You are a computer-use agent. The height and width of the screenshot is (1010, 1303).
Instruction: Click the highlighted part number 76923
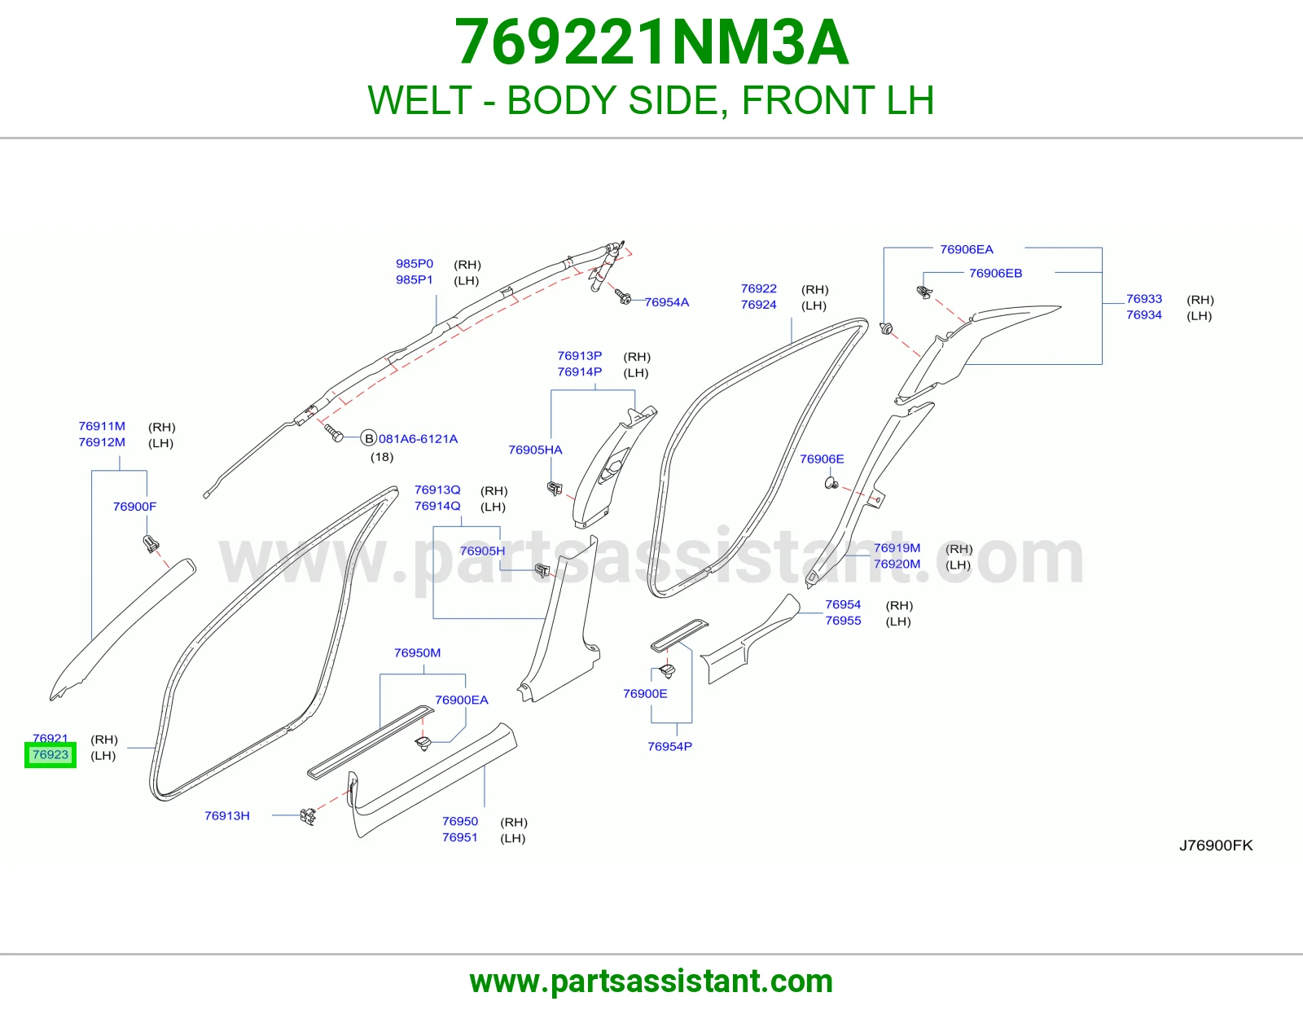point(50,754)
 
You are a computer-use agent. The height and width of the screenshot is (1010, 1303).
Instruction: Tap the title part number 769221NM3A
point(651,42)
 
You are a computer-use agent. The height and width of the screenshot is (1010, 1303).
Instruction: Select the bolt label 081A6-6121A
point(418,438)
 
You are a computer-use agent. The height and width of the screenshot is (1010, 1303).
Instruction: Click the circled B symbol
point(369,438)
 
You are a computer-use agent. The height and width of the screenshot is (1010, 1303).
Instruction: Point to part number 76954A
point(667,302)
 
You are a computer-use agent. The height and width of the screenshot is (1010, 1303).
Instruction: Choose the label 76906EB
point(995,273)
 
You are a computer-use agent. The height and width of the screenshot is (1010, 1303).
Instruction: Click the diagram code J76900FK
point(1216,845)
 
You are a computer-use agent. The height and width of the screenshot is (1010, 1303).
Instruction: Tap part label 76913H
point(226,815)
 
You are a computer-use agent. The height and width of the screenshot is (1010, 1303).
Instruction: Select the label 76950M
point(417,652)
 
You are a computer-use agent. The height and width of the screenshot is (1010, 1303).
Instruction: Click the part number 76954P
point(669,746)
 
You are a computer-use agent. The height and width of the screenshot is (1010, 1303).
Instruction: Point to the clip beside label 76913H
point(308,816)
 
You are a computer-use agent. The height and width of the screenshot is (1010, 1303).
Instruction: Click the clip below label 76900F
point(151,544)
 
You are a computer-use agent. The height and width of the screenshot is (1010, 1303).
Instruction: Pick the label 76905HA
point(536,450)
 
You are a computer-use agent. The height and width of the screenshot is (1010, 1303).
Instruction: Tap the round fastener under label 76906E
point(831,482)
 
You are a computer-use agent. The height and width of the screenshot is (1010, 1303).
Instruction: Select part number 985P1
point(414,279)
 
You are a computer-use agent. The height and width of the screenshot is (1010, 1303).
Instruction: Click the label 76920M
point(897,564)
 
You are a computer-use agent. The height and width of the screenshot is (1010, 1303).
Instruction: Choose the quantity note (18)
point(382,457)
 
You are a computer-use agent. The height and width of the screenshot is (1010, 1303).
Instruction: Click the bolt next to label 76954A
point(622,296)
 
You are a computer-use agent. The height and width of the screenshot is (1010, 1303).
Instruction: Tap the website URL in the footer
point(651,981)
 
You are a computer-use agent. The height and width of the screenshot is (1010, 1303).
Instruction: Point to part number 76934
point(1143,315)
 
